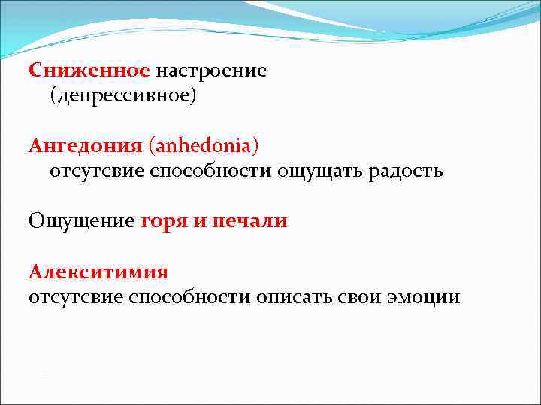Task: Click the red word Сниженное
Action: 89,70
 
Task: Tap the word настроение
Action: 211,70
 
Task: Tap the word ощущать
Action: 318,171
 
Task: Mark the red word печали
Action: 250,221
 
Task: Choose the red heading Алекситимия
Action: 98,271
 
